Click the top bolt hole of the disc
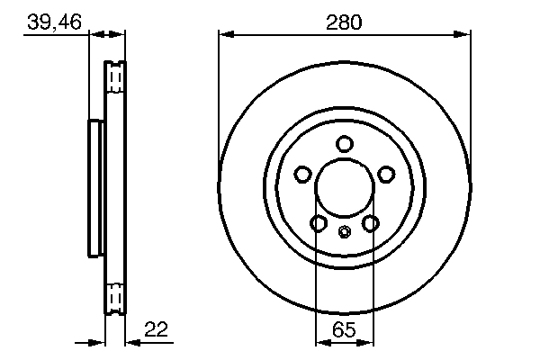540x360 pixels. [x=345, y=143]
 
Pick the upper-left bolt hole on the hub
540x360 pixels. [x=303, y=174]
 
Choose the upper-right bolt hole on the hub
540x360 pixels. [x=386, y=174]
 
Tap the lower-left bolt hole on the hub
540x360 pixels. [x=319, y=222]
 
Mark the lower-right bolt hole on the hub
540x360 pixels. [x=370, y=222]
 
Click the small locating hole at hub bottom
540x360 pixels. [x=345, y=232]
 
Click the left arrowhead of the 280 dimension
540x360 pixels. [x=226, y=35]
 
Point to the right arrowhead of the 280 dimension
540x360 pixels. [x=463, y=35]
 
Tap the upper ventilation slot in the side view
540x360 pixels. [x=115, y=78]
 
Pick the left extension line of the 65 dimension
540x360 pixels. [x=316, y=288]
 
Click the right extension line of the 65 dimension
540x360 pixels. [x=373, y=288]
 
